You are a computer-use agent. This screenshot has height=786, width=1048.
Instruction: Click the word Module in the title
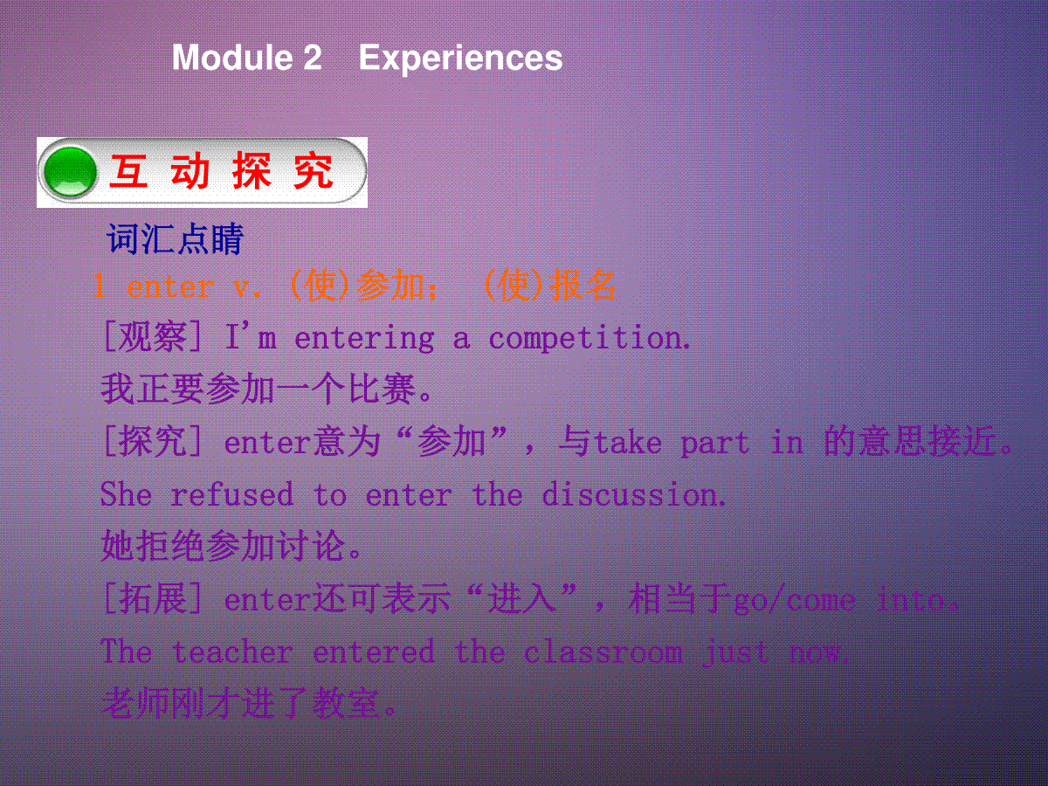click(232, 58)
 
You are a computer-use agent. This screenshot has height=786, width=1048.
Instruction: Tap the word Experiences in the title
click(461, 59)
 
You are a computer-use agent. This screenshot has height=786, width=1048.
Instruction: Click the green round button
click(70, 172)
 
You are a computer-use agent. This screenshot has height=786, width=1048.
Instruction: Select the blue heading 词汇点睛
click(176, 238)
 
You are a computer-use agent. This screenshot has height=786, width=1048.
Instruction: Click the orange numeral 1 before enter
click(100, 286)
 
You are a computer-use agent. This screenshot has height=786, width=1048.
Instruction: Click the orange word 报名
click(582, 286)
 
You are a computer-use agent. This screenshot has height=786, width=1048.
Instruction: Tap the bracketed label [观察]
click(152, 337)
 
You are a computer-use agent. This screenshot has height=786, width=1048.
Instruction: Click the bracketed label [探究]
click(152, 441)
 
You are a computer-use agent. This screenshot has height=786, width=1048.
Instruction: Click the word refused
click(232, 494)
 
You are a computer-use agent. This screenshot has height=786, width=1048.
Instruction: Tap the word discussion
click(634, 494)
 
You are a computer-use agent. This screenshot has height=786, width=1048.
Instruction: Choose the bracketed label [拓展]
click(152, 598)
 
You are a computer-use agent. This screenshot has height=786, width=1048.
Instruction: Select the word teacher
click(232, 652)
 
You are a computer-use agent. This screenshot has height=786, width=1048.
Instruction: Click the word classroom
click(603, 652)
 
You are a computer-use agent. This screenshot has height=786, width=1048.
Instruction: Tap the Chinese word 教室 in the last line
click(346, 703)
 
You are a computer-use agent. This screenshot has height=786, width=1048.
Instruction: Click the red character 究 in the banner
click(314, 171)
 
